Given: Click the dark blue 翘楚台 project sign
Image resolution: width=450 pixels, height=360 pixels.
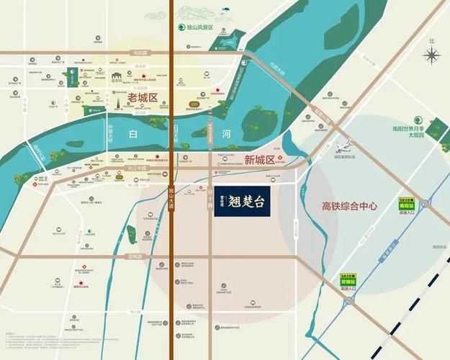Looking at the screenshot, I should click(x=242, y=201).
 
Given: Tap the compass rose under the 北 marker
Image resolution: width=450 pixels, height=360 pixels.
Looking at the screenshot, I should click(x=431, y=55).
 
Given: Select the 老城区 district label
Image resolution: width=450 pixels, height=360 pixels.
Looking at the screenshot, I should click(x=141, y=96).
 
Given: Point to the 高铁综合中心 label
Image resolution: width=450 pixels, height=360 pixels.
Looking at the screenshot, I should click(x=349, y=206).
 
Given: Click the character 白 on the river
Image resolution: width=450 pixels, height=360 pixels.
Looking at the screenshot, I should click(x=131, y=135).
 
